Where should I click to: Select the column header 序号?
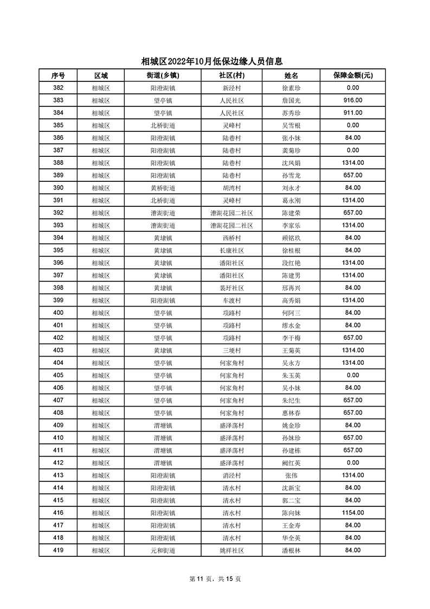[x=58, y=75]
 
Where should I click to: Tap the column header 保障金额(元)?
[x=352, y=75]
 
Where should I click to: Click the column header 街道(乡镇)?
[x=163, y=75]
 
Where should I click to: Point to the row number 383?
[x=58, y=100]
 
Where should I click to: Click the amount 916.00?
[x=352, y=100]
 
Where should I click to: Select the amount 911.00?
[x=352, y=113]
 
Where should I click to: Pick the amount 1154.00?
[x=352, y=513]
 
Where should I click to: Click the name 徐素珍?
[x=291, y=88]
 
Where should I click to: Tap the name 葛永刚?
[x=291, y=200]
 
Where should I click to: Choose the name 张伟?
[x=291, y=475]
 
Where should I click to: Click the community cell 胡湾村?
[x=232, y=188]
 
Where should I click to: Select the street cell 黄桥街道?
[x=163, y=188]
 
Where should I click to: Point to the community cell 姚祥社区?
[x=232, y=550]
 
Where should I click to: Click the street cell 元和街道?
[x=163, y=550]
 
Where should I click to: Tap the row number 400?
[x=58, y=313]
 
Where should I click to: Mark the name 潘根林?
[x=291, y=550]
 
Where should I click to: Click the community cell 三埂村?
[x=232, y=350]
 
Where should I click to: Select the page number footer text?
[x=215, y=579]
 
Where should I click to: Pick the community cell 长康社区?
[x=232, y=250]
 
